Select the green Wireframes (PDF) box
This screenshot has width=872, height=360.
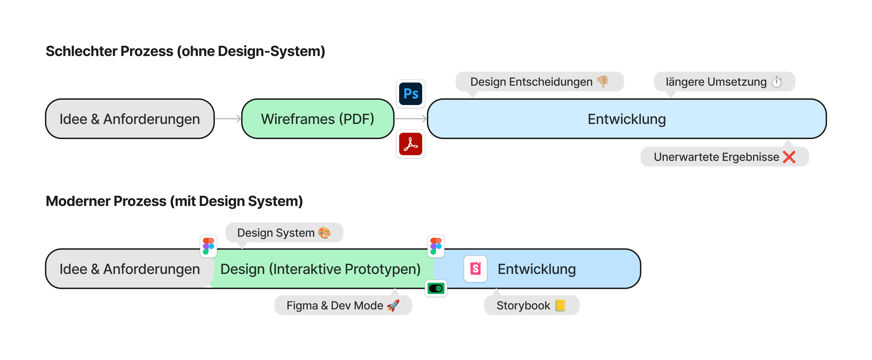[x=318, y=119]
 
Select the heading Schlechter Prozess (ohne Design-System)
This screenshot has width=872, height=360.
[x=185, y=51]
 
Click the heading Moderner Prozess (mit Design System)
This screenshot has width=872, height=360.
[x=174, y=201]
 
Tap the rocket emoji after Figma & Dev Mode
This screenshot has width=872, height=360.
[x=393, y=306]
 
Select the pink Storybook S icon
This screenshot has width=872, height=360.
[x=475, y=269]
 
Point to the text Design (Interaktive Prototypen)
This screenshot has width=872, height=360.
[x=320, y=269]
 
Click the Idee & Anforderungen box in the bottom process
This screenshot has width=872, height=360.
[x=130, y=269]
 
